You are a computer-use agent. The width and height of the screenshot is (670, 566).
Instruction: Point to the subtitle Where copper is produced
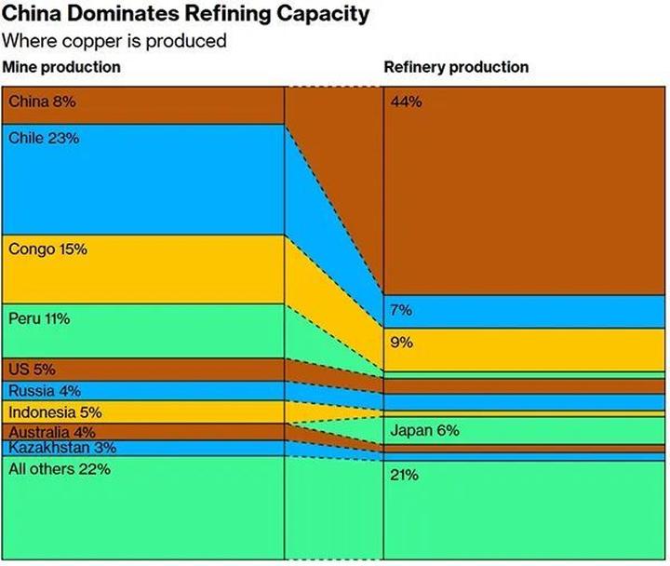pyautogui.click(x=114, y=42)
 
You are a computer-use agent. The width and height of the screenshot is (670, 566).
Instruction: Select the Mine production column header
pyautogui.click(x=61, y=68)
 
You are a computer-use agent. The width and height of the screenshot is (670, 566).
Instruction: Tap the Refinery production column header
pyautogui.click(x=456, y=68)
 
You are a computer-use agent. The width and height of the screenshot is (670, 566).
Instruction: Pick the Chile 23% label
pyautogui.click(x=44, y=138)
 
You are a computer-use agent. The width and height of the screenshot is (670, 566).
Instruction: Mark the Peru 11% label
pyautogui.click(x=39, y=318)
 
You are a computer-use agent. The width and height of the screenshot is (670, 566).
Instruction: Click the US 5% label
pyautogui.click(x=32, y=370)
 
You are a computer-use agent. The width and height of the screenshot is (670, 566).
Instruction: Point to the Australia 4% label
pyautogui.click(x=52, y=432)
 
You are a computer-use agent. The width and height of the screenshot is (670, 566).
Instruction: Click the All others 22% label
pyautogui.click(x=60, y=469)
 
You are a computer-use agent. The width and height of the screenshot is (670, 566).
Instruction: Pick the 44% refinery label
pyautogui.click(x=407, y=102)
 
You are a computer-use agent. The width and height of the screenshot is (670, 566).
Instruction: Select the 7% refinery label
pyautogui.click(x=402, y=310)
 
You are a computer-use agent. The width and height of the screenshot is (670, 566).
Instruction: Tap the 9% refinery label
pyautogui.click(x=402, y=343)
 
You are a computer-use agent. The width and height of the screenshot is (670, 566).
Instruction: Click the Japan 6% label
pyautogui.click(x=424, y=431)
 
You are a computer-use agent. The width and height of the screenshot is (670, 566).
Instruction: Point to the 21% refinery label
pyautogui.click(x=405, y=476)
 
